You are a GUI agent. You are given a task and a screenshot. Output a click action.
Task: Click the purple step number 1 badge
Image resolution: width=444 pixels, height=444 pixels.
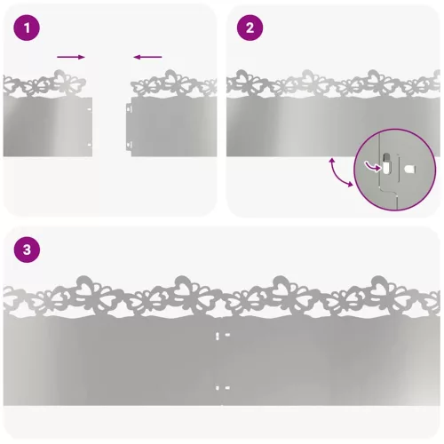pos(27,28)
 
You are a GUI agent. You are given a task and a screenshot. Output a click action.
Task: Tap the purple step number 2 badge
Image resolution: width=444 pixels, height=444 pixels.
pos(250,28)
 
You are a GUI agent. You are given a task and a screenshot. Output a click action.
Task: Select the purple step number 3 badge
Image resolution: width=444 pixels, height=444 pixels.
pos(27,250)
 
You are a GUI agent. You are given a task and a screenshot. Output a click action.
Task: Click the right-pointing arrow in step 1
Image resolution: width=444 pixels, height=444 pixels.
pos(71,57)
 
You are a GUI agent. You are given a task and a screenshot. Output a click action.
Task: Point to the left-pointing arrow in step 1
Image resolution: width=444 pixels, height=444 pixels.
pos(147,57)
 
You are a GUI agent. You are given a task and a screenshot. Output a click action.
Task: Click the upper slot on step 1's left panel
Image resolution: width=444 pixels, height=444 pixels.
pos(90,109)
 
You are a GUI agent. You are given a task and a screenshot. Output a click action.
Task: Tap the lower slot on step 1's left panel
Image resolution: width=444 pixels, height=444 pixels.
pos(90,145)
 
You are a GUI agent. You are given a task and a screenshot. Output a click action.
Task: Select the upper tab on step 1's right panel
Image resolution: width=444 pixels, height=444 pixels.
pos(129,108)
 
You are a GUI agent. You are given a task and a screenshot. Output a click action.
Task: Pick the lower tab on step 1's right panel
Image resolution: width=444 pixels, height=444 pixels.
pos(129,146)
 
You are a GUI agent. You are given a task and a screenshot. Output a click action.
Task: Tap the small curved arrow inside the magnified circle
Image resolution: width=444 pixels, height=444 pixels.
pos(372,166)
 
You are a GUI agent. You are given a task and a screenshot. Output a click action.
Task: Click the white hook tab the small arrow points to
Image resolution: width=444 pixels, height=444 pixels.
pos(386,164)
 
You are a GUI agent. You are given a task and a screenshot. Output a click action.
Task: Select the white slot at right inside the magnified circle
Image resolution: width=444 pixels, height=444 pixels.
pos(410,170)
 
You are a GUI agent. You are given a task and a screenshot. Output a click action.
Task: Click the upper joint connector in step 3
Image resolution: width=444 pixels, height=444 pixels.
pos(223,336)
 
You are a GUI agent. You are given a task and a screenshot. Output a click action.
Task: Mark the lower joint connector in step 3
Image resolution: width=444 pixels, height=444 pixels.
pos(223,388)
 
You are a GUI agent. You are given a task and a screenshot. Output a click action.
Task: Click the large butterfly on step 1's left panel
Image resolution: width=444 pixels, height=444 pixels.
pos(67,82)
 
